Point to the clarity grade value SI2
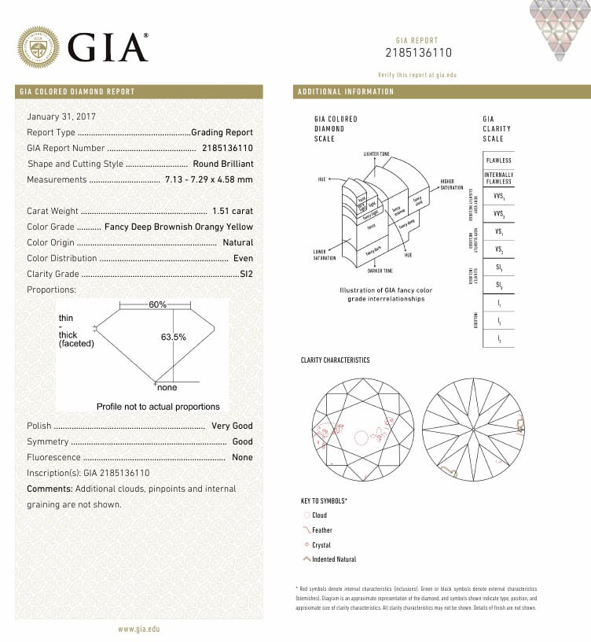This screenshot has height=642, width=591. (245, 274)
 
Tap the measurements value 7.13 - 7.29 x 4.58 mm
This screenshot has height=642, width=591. (209, 179)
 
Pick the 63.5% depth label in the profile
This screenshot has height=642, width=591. (173, 337)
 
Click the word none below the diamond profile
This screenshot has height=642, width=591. (167, 388)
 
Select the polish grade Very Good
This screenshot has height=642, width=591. (232, 426)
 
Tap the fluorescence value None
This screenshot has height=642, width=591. (242, 457)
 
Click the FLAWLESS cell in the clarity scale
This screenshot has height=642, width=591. (498, 160)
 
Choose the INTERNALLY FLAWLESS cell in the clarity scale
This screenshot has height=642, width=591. (498, 178)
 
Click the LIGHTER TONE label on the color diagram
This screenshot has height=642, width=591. (377, 153)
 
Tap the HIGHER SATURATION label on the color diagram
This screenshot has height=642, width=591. (452, 184)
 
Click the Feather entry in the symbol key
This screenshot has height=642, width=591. (321, 530)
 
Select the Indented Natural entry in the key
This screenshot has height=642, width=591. (333, 559)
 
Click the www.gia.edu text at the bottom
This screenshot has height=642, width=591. (140, 629)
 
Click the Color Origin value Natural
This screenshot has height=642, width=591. (237, 242)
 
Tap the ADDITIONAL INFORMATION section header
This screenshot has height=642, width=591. (346, 92)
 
